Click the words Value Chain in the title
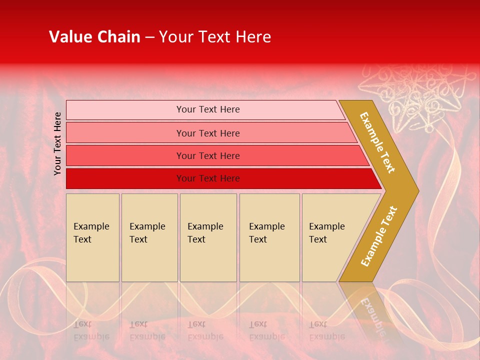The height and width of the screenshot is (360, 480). pos(94,37)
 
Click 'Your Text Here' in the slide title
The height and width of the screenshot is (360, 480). pos(215,37)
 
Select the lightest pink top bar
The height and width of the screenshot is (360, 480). pos(207,109)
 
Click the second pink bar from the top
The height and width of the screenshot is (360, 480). pos(208,133)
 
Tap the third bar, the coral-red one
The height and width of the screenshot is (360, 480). pos(208,155)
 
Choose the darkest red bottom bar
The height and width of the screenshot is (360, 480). pos(208,178)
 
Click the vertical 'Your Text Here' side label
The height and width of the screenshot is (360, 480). pos(58,143)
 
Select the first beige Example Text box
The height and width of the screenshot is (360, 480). pos(92,237)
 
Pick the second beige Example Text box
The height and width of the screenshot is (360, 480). pos(149,237)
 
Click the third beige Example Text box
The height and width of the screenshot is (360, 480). pos(207,237)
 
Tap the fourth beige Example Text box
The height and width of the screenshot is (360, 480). pos(269,237)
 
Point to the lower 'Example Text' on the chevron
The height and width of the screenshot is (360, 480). pos(379,236)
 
